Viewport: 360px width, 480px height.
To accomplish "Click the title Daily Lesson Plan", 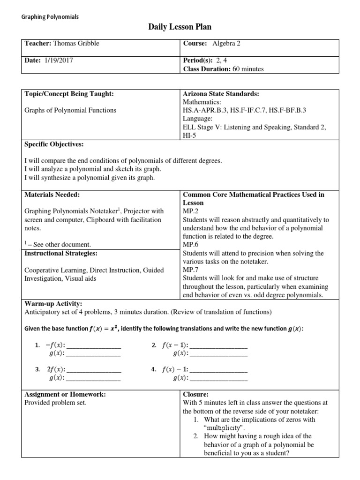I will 180,28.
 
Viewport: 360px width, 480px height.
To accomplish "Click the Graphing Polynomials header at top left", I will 51,17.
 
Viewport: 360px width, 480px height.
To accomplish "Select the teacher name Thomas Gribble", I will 76,44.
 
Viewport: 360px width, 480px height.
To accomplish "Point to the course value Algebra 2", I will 226,44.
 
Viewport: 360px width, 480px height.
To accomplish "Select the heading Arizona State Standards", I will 218,93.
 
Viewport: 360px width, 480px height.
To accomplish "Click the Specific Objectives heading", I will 53,144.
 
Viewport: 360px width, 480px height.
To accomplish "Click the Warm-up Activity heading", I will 53,304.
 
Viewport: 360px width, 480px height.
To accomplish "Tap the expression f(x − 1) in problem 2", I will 174,345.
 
